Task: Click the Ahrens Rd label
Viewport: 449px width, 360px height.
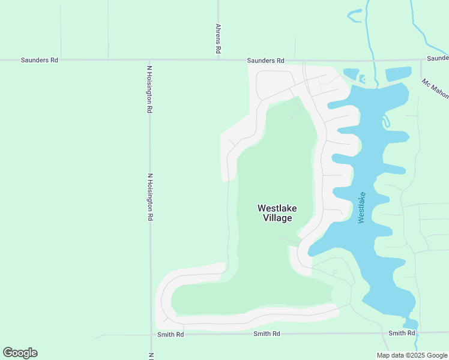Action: [218, 40]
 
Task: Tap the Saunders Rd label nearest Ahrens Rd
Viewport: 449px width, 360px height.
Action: [265, 61]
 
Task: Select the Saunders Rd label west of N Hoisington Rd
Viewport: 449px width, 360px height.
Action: [40, 60]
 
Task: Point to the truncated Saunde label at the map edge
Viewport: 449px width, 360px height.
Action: [438, 58]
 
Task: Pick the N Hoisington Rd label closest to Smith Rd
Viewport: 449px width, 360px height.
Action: [151, 197]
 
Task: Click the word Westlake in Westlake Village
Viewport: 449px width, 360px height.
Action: [277, 208]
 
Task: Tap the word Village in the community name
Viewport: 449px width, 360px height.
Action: [277, 218]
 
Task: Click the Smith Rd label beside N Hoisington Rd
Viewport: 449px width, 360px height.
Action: [170, 334]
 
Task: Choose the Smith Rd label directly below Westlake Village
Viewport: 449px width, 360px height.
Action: [267, 334]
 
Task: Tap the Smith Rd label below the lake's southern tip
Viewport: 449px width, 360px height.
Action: [402, 333]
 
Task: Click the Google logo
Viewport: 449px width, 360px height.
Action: [20, 353]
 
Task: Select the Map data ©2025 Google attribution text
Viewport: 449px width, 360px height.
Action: [411, 355]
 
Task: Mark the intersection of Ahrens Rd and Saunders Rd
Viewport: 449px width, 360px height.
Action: [218, 60]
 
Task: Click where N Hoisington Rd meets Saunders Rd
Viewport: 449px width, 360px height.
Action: [149, 60]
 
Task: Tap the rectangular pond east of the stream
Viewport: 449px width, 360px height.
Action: [398, 74]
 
